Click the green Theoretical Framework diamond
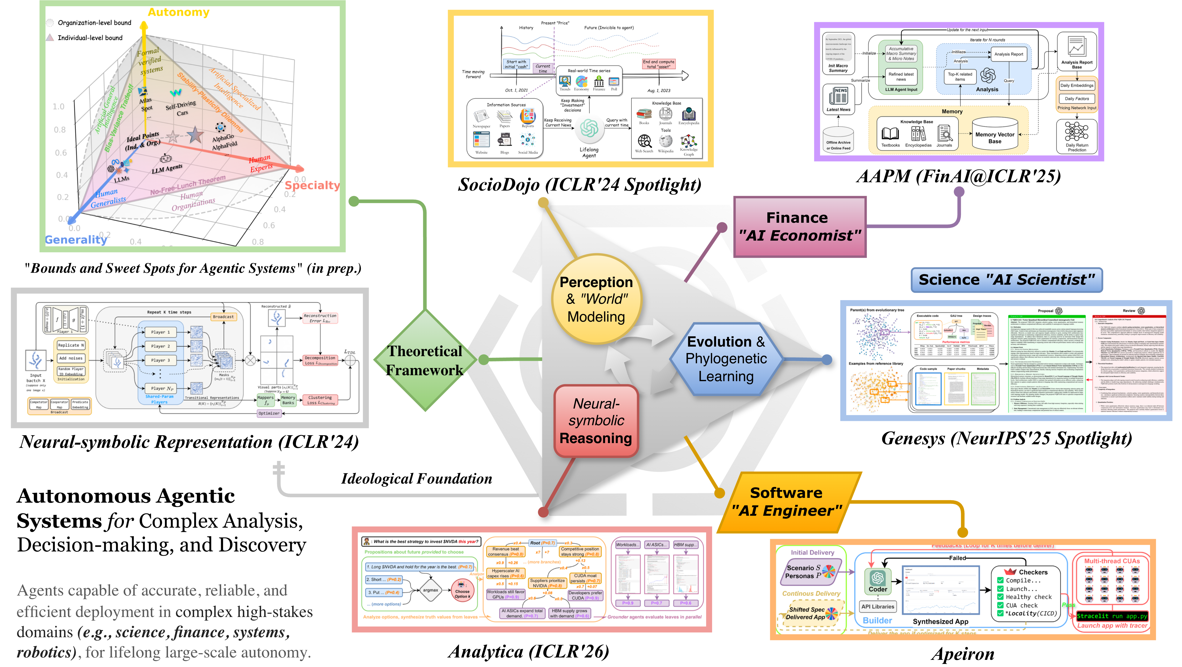pyautogui.click(x=425, y=361)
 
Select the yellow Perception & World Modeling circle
pyautogui.click(x=596, y=299)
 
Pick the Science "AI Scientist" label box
pyautogui.click(x=1006, y=280)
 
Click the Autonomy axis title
pyautogui.click(x=178, y=12)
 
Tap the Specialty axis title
pyautogui.click(x=312, y=185)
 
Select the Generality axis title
pyautogui.click(x=76, y=239)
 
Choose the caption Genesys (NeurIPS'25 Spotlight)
pyautogui.click(x=1006, y=439)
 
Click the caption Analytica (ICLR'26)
pyautogui.click(x=529, y=652)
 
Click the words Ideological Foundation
pyautogui.click(x=416, y=479)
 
